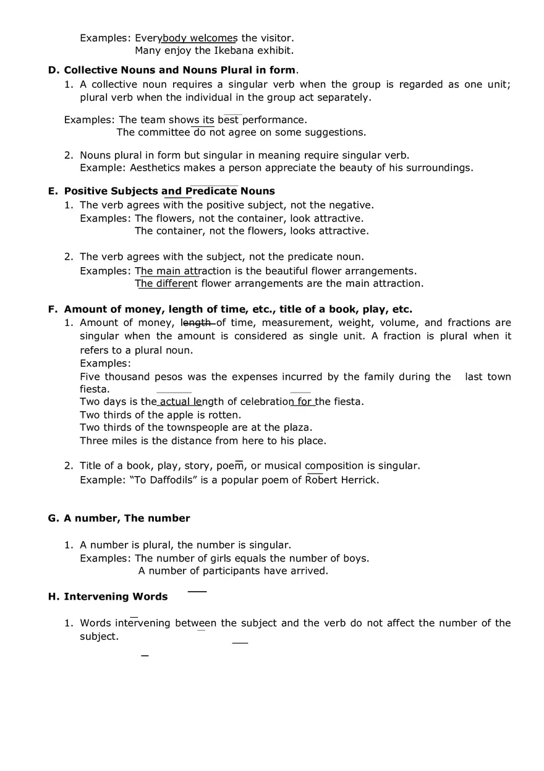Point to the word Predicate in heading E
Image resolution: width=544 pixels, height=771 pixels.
coord(211,192)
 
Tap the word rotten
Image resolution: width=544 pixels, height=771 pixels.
coord(224,415)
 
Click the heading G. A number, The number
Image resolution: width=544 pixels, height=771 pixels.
coord(119,519)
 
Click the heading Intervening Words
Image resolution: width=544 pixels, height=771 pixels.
coord(116,597)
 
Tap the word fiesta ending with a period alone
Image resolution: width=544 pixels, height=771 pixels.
coord(95,390)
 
